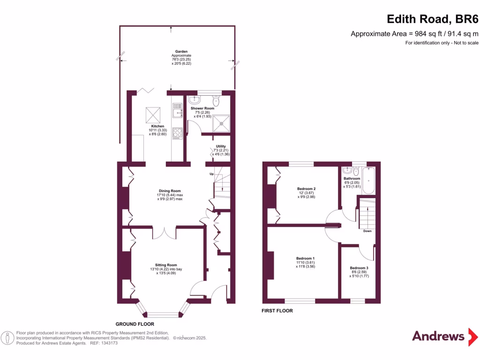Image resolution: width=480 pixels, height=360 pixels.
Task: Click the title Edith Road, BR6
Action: point(432,19)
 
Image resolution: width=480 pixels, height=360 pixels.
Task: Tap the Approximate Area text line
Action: point(414,34)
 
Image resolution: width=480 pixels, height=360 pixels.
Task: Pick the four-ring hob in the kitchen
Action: point(178,133)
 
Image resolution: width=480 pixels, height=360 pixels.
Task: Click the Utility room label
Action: point(220,146)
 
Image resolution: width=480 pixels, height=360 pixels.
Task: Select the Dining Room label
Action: point(169,191)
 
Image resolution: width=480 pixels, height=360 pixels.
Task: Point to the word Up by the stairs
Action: point(211,174)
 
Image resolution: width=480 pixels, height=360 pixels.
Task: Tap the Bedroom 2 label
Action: point(300,189)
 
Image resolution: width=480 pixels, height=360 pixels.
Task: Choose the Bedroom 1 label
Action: point(305,258)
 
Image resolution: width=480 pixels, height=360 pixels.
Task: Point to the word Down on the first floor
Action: point(367,231)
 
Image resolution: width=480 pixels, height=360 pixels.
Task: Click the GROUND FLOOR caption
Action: point(135,324)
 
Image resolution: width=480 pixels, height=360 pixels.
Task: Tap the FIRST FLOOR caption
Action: point(277,311)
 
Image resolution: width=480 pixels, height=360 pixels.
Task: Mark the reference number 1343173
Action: point(108,343)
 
